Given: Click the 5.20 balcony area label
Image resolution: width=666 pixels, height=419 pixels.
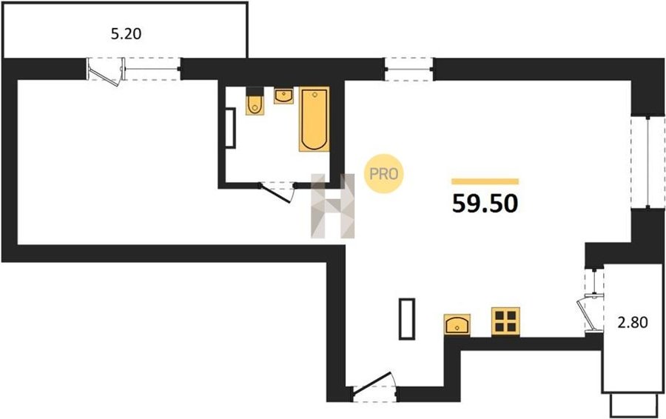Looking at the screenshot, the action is (x=126, y=33).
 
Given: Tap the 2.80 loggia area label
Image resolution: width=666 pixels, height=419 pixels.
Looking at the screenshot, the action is (x=633, y=323).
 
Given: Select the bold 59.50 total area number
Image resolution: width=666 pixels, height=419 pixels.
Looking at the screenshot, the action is (x=485, y=203).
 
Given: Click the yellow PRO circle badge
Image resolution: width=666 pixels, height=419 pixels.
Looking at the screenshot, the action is (x=383, y=173).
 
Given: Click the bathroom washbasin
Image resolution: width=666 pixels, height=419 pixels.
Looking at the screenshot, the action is (x=283, y=95).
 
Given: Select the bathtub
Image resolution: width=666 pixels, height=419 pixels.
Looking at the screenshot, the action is (x=314, y=119).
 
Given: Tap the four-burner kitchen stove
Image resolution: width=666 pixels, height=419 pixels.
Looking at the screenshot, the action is (x=505, y=321).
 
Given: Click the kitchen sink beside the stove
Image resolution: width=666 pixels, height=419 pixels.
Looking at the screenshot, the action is (x=457, y=325).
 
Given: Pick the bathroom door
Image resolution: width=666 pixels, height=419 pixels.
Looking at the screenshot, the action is (x=277, y=191).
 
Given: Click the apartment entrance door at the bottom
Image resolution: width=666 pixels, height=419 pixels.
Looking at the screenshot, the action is (x=374, y=386).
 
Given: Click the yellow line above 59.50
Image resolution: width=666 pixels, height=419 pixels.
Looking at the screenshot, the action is (x=485, y=181).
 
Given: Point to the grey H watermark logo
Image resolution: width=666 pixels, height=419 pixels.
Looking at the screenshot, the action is (x=332, y=206).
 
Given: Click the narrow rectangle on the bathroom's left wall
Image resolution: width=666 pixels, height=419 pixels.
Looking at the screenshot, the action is (x=230, y=128).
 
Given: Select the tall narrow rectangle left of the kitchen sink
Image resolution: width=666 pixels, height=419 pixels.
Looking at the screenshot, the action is (x=407, y=319).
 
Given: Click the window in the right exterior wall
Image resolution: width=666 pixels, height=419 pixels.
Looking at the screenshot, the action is (x=647, y=162).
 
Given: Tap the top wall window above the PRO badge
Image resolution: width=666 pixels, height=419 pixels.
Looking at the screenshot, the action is (x=408, y=69).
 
